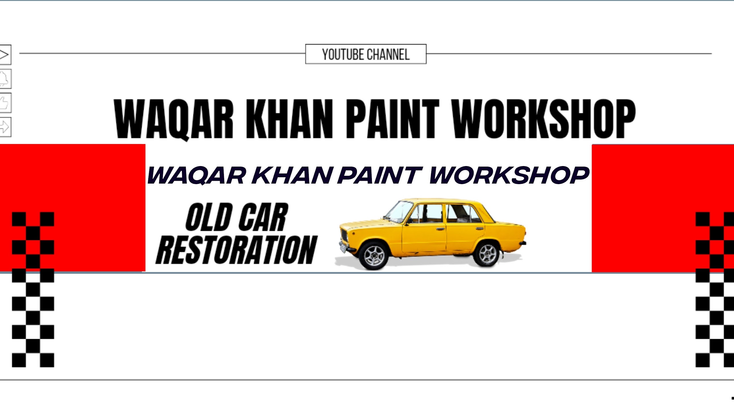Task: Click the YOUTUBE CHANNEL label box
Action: point(366,54)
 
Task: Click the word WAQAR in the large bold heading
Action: point(174,119)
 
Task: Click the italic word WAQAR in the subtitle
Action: point(197,175)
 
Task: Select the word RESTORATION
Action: point(237,250)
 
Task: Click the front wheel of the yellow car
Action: point(374,255)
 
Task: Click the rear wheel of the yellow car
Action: point(487,254)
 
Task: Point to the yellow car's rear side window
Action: point(462,213)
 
